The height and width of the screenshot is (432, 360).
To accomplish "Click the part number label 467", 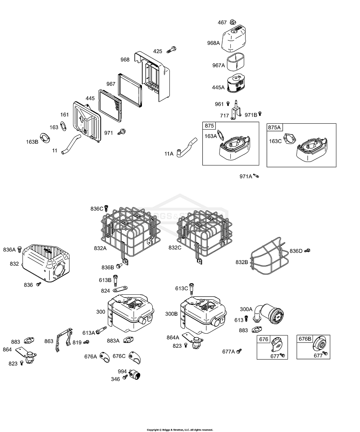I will click(x=222, y=22).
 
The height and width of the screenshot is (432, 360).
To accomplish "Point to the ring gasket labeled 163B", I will click(x=44, y=138).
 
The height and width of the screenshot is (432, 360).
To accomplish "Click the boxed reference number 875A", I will click(x=274, y=127).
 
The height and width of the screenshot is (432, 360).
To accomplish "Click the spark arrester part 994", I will click(x=136, y=375).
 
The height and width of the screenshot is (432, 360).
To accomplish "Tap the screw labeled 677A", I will click(x=240, y=351).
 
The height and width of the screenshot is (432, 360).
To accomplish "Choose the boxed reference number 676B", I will click(x=305, y=339).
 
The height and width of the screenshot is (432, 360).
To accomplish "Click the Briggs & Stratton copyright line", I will click(x=180, y=430).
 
